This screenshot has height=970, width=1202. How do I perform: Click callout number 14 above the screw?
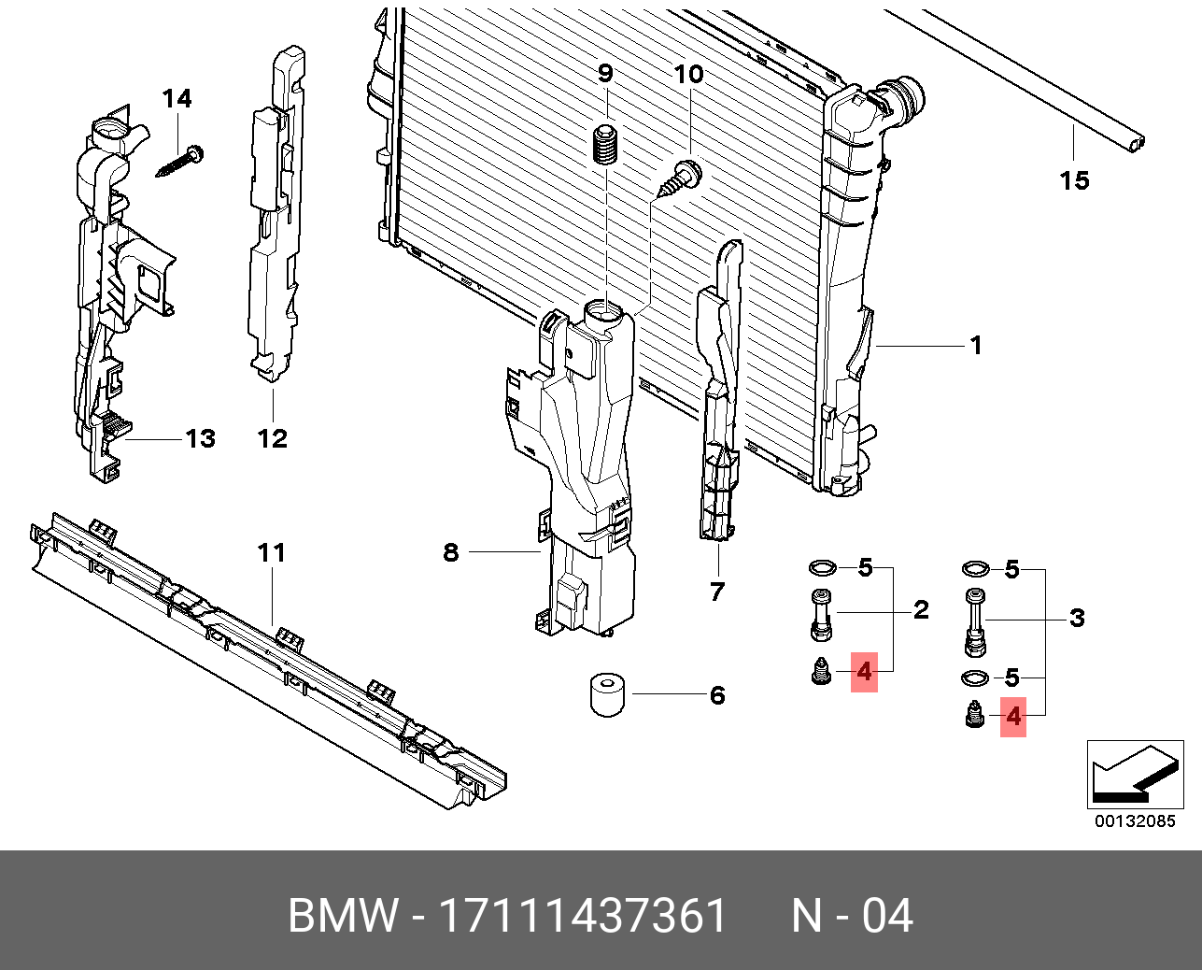[x=177, y=98]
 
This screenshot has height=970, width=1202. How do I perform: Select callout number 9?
[x=605, y=73]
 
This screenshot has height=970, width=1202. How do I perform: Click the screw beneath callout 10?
[x=682, y=178]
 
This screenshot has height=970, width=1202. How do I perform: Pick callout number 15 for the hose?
[x=1074, y=180]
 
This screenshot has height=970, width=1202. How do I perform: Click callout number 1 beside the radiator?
[x=976, y=346]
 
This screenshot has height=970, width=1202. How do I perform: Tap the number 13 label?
[x=201, y=438]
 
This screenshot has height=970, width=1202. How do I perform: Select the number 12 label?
[x=272, y=438]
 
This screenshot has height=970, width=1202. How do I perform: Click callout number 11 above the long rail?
[x=271, y=553]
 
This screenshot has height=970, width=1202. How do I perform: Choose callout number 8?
[x=451, y=552]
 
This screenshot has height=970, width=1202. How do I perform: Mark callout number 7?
[x=716, y=592]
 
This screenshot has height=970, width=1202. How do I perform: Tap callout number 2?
[x=921, y=610]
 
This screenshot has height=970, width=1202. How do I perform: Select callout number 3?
[x=1077, y=618]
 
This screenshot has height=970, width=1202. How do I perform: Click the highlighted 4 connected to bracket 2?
[x=864, y=671]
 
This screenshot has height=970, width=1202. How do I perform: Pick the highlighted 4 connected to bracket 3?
[x=1013, y=718]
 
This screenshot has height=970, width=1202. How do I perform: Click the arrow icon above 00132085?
[x=1134, y=775]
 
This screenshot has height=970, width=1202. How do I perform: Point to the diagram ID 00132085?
[x=1135, y=821]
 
